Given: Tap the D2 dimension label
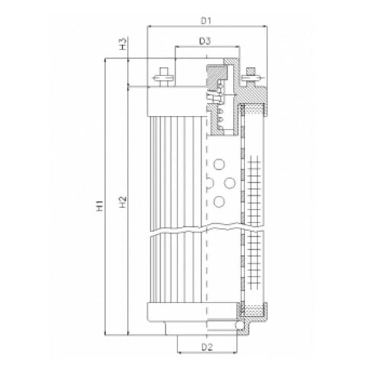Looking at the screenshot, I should point(206,347).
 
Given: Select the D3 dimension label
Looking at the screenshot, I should point(205,40).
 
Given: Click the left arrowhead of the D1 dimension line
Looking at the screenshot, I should point(149,26).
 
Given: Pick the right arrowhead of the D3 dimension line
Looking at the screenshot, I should point(233,48).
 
